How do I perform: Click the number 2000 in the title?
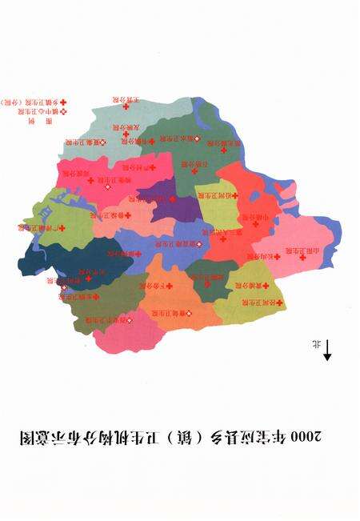pyautogui.click(x=307, y=436)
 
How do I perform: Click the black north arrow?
pyautogui.click(x=328, y=349)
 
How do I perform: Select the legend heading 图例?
pyautogui.click(x=31, y=123)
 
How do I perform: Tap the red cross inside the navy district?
pyautogui.click(x=78, y=280)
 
